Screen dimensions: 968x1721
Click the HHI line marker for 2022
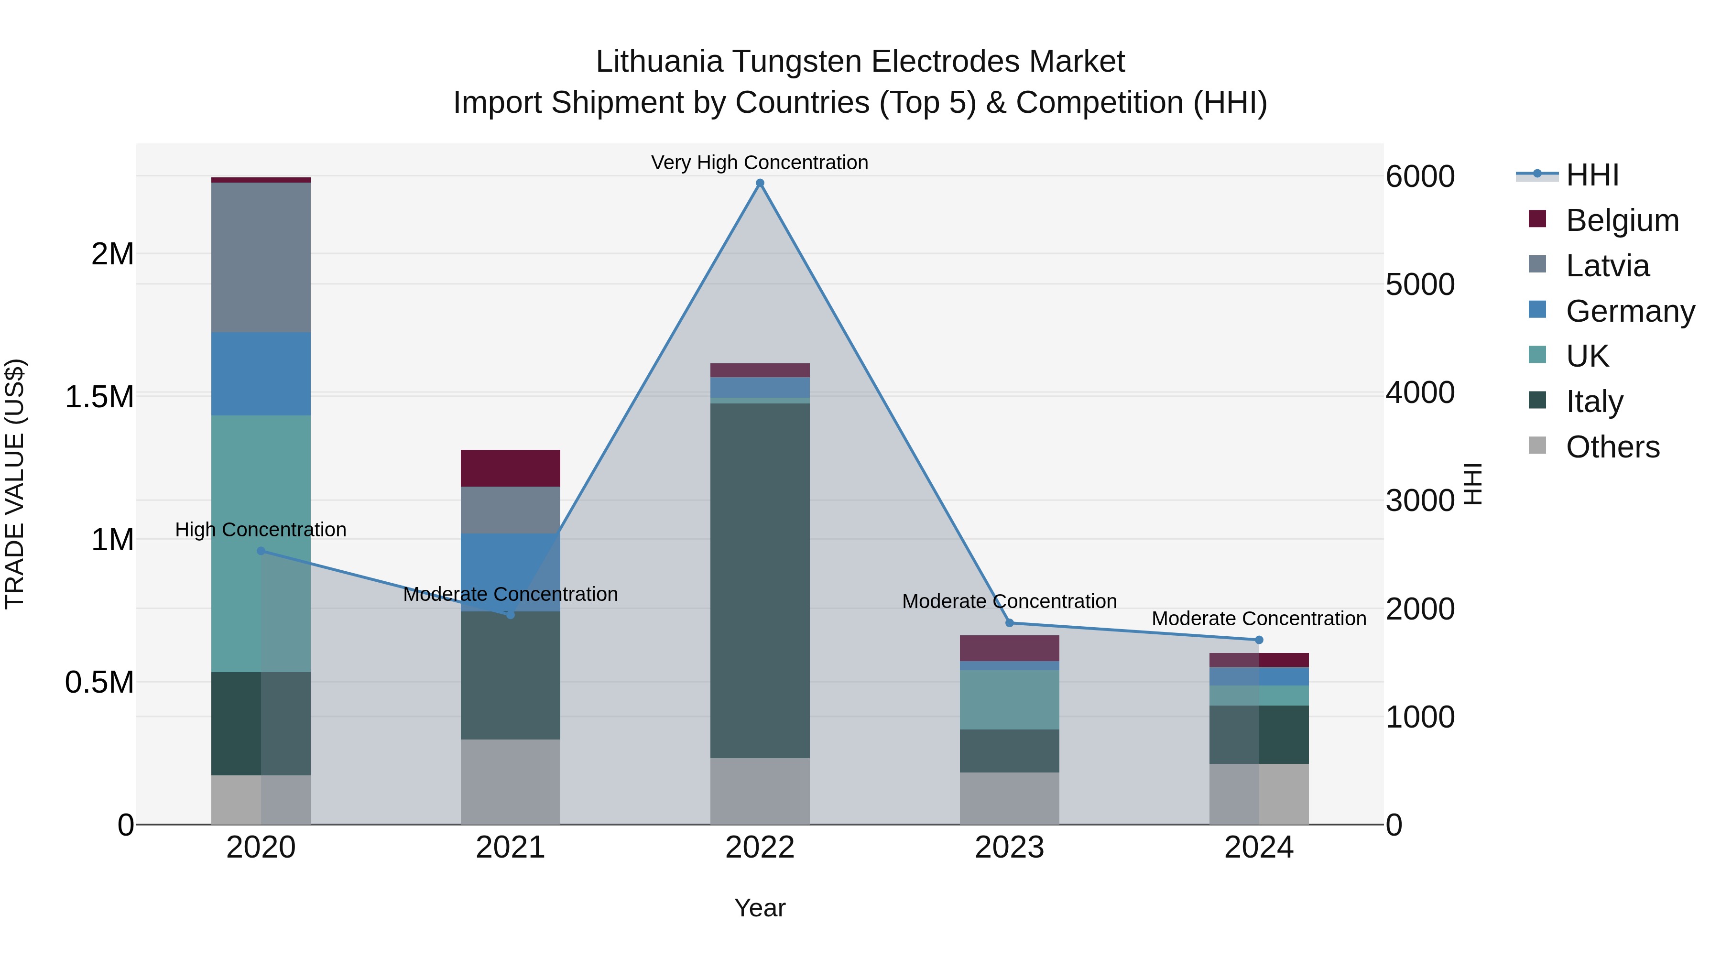click(x=760, y=183)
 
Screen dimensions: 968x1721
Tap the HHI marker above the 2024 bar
click(x=1259, y=640)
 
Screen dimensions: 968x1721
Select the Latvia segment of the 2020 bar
click(x=261, y=257)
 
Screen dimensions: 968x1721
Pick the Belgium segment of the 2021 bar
click(x=511, y=468)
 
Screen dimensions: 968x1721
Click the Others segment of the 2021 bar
click(x=511, y=782)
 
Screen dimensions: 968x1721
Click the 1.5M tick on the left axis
click(x=99, y=397)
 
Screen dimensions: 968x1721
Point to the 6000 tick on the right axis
click(x=1420, y=176)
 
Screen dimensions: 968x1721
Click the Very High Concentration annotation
click(x=760, y=163)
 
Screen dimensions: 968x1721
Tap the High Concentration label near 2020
click(x=261, y=529)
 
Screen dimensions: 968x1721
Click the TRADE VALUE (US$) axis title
click(x=15, y=484)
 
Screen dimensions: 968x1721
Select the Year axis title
click(x=760, y=908)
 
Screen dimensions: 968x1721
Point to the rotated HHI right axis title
click(x=1472, y=484)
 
